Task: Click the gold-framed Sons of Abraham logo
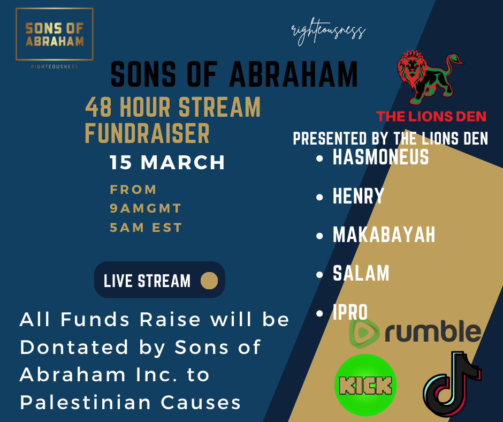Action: (54, 34)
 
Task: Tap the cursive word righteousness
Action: (328, 32)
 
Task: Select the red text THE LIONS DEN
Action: (431, 116)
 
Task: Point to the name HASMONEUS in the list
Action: (380, 157)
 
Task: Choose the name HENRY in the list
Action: (359, 196)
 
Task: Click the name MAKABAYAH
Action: (384, 235)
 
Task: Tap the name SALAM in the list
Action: (361, 273)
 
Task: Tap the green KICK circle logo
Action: (365, 385)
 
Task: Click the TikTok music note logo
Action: (451, 384)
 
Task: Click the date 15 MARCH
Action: (167, 163)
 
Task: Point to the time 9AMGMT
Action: (146, 208)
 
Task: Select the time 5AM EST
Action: (146, 228)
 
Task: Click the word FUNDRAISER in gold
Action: (147, 134)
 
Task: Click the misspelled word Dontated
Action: (71, 347)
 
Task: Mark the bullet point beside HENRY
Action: (320, 198)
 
